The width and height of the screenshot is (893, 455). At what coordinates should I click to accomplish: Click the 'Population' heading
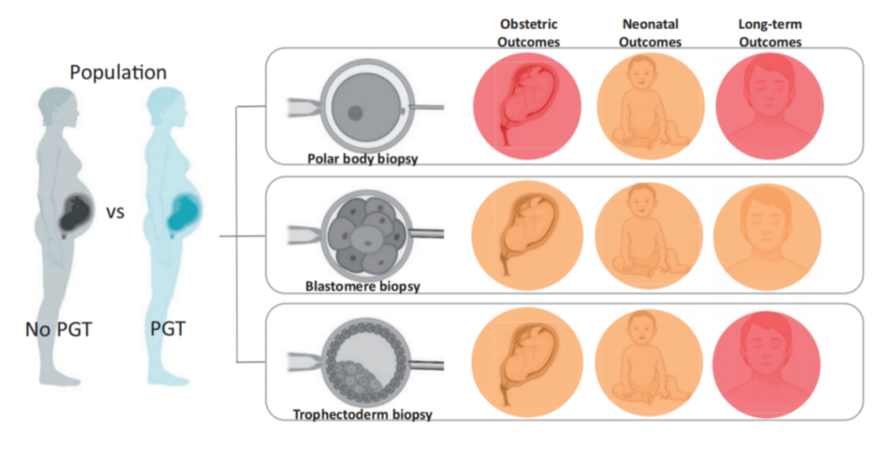(118, 72)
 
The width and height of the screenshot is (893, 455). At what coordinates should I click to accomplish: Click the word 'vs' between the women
(115, 212)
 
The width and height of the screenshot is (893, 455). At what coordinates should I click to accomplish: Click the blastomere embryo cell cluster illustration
(364, 233)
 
